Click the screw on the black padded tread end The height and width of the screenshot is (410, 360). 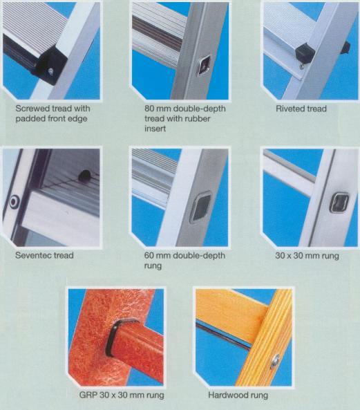coord(51,71)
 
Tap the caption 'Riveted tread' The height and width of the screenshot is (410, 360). coord(301,109)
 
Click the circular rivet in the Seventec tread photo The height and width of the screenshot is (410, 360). coord(14,202)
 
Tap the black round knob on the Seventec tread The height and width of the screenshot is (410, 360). coord(84,176)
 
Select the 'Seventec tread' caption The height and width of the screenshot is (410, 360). coord(44,255)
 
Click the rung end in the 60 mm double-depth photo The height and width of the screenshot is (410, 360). coord(200,207)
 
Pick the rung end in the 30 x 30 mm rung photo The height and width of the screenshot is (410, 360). coord(340,203)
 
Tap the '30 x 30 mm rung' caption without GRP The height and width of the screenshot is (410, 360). coord(307,255)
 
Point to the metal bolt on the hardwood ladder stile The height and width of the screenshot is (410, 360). coord(274,362)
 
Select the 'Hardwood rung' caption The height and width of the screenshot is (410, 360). coord(238,395)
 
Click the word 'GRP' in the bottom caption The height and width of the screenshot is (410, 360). coord(88,395)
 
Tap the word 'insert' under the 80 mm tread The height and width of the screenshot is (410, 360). coord(155,129)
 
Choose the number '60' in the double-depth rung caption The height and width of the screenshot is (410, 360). coord(150,255)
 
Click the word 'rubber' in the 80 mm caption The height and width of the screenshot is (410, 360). coord(197,119)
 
